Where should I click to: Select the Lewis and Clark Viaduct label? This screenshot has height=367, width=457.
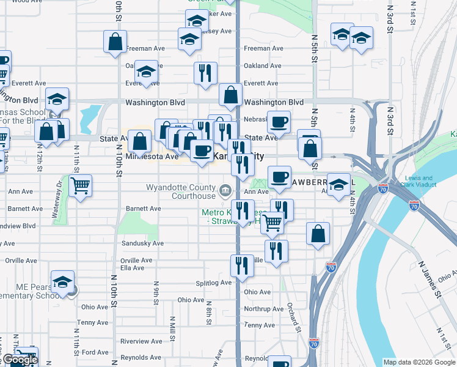pyautogui.click(x=418, y=182)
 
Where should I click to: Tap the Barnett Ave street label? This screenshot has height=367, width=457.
pyautogui.click(x=143, y=209)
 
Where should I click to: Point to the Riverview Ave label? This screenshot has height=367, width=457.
pyautogui.click(x=141, y=341)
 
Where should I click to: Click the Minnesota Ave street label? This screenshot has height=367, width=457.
pyautogui.click(x=152, y=157)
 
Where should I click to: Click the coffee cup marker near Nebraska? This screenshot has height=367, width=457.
pyautogui.click(x=279, y=122)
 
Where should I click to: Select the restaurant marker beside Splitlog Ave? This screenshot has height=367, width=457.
pyautogui.click(x=242, y=265)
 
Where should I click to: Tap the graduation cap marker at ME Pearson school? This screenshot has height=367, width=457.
pyautogui.click(x=62, y=281)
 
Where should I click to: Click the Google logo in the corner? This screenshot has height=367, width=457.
pyautogui.click(x=20, y=360)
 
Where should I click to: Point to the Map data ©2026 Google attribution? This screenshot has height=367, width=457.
pyautogui.click(x=419, y=362)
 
